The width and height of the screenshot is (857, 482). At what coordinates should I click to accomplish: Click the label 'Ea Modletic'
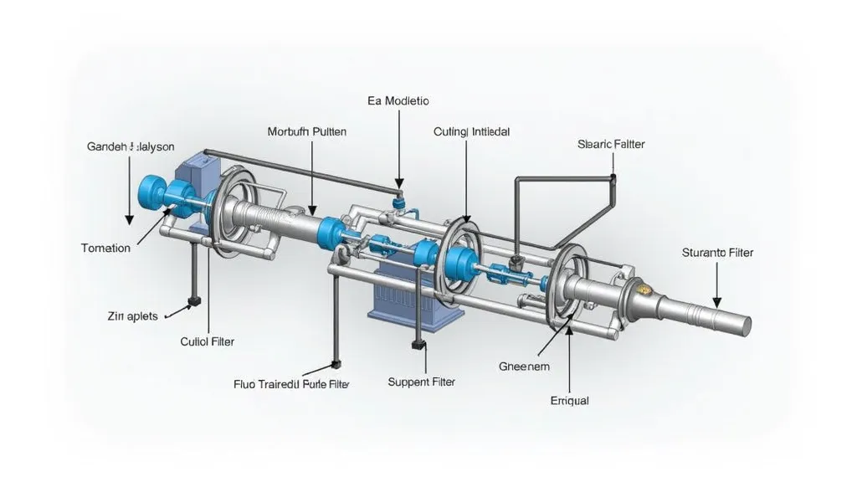pyautogui.click(x=398, y=100)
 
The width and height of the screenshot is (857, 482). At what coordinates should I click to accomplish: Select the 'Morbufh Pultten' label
pyautogui.click(x=306, y=131)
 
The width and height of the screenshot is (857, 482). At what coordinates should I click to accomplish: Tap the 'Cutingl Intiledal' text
pyautogui.click(x=472, y=131)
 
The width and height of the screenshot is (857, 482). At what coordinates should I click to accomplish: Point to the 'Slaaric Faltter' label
pyautogui.click(x=611, y=144)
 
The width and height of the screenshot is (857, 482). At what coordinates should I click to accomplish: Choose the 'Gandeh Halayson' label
pyautogui.click(x=131, y=146)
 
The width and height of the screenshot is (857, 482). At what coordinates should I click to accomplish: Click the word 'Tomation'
pyautogui.click(x=105, y=248)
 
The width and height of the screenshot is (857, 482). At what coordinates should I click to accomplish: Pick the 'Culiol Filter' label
pyautogui.click(x=208, y=341)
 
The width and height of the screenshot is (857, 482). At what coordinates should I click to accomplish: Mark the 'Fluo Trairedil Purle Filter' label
pyautogui.click(x=291, y=384)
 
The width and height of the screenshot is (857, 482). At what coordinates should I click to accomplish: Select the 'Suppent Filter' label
pyautogui.click(x=422, y=382)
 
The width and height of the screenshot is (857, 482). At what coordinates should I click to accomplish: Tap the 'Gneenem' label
pyautogui.click(x=526, y=367)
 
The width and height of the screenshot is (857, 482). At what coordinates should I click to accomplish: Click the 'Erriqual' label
pyautogui.click(x=569, y=401)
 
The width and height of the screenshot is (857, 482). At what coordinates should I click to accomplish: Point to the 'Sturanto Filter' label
pyautogui.click(x=717, y=252)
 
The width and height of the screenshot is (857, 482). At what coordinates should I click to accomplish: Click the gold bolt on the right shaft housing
pyautogui.click(x=643, y=289)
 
